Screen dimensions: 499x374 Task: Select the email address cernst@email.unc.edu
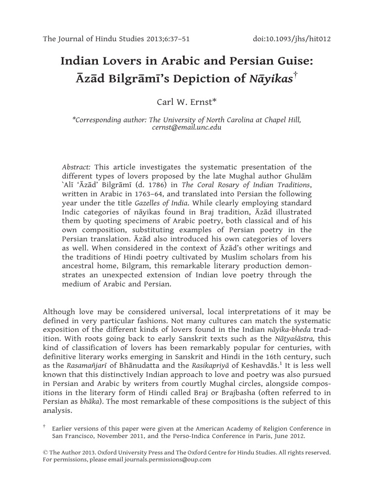tap(187, 127)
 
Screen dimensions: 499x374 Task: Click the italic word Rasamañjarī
tap(81, 367)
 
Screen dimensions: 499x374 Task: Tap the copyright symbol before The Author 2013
tap(46, 452)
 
